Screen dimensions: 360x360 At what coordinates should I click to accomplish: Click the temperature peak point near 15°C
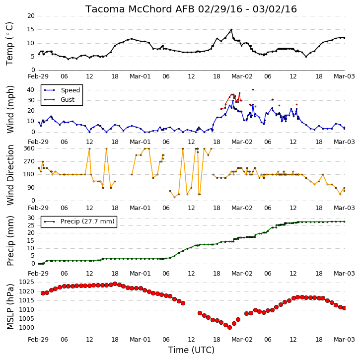pyautogui.click(x=231, y=30)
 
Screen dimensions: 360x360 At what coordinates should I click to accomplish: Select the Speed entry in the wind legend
pyautogui.click(x=62, y=90)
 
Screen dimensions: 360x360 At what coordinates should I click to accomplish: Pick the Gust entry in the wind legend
pyautogui.click(x=59, y=99)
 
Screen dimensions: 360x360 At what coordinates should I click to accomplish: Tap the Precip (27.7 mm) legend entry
pyautogui.click(x=79, y=221)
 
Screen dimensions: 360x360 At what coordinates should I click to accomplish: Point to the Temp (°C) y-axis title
pyautogui.click(x=9, y=44)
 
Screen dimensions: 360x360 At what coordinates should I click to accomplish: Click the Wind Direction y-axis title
pyautogui.click(x=10, y=175)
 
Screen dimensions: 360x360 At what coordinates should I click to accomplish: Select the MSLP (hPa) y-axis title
pyautogui.click(x=10, y=306)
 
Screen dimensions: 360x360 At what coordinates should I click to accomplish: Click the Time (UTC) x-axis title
pyautogui.click(x=191, y=350)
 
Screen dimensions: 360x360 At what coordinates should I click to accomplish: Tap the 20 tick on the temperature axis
pyautogui.click(x=31, y=16)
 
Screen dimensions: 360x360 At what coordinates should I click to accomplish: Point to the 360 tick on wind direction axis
pyautogui.click(x=29, y=148)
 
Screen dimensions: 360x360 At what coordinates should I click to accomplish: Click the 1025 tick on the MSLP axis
pyautogui.click(x=26, y=282)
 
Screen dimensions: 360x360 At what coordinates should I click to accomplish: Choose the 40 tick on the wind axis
pyautogui.click(x=31, y=90)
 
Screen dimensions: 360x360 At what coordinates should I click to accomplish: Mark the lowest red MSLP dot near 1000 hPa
pyautogui.click(x=229, y=327)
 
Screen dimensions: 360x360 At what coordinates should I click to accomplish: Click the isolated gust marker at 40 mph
pyautogui.click(x=253, y=90)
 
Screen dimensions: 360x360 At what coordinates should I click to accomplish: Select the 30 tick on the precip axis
pyautogui.click(x=31, y=218)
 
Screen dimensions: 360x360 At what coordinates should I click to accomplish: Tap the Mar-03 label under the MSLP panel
pyautogui.click(x=344, y=339)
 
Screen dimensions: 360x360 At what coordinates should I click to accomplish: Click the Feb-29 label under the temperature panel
pyautogui.click(x=38, y=76)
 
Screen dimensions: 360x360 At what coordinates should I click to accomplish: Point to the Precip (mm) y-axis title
pyautogui.click(x=10, y=241)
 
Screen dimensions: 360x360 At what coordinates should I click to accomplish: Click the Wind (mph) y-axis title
pyautogui.click(x=10, y=109)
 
